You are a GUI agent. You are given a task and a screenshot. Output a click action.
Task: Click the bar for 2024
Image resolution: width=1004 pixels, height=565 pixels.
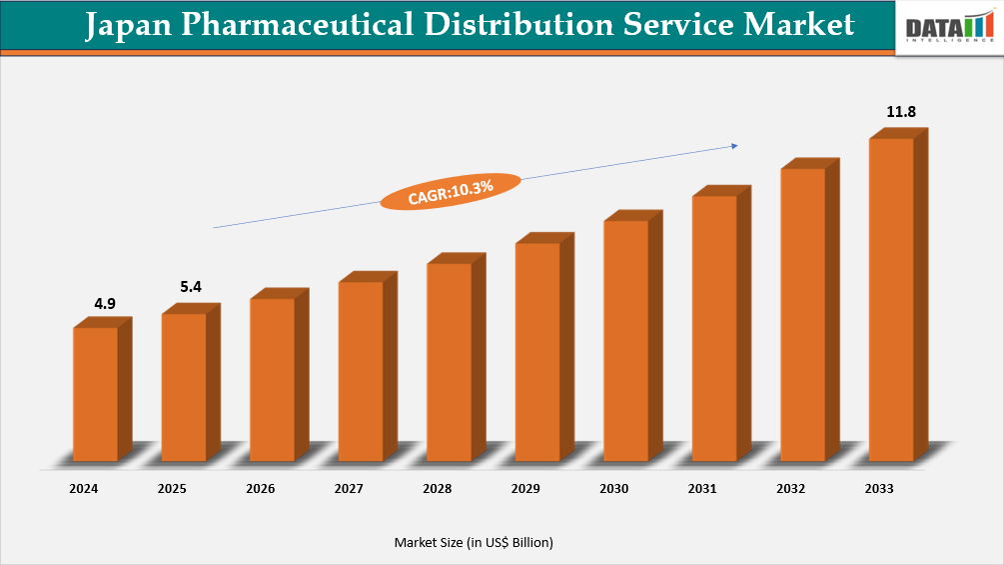click(x=96, y=394)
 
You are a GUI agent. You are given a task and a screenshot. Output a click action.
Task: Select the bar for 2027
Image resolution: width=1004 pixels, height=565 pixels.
click(x=361, y=371)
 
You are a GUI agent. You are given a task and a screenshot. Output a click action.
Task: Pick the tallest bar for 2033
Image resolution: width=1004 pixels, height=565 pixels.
click(x=891, y=299)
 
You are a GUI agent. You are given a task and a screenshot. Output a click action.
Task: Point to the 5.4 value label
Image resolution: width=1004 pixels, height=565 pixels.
click(x=191, y=287)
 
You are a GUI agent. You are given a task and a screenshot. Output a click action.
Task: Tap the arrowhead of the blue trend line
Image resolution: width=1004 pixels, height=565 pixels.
click(x=734, y=146)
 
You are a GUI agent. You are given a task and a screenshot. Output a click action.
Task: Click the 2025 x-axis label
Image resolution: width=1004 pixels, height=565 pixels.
click(x=172, y=489)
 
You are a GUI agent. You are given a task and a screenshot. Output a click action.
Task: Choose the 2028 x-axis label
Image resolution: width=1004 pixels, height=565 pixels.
click(x=437, y=489)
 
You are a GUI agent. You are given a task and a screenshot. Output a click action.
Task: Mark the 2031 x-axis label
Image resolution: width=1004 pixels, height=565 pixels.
click(x=702, y=489)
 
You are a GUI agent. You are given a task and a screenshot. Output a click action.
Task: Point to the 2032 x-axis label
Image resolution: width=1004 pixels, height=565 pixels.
click(x=790, y=489)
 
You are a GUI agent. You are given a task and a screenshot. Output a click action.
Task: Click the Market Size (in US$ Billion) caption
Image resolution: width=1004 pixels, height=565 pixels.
click(x=474, y=542)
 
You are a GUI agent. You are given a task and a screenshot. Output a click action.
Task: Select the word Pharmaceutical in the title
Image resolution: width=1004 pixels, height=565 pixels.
click(x=283, y=25)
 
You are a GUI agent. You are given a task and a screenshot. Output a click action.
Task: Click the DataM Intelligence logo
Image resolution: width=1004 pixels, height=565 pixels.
click(x=948, y=27)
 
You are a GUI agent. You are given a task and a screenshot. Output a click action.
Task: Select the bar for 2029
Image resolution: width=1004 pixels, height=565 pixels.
click(x=537, y=351)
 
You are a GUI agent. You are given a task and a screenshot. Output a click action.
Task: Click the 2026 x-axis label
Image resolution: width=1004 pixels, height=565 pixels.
click(x=260, y=489)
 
